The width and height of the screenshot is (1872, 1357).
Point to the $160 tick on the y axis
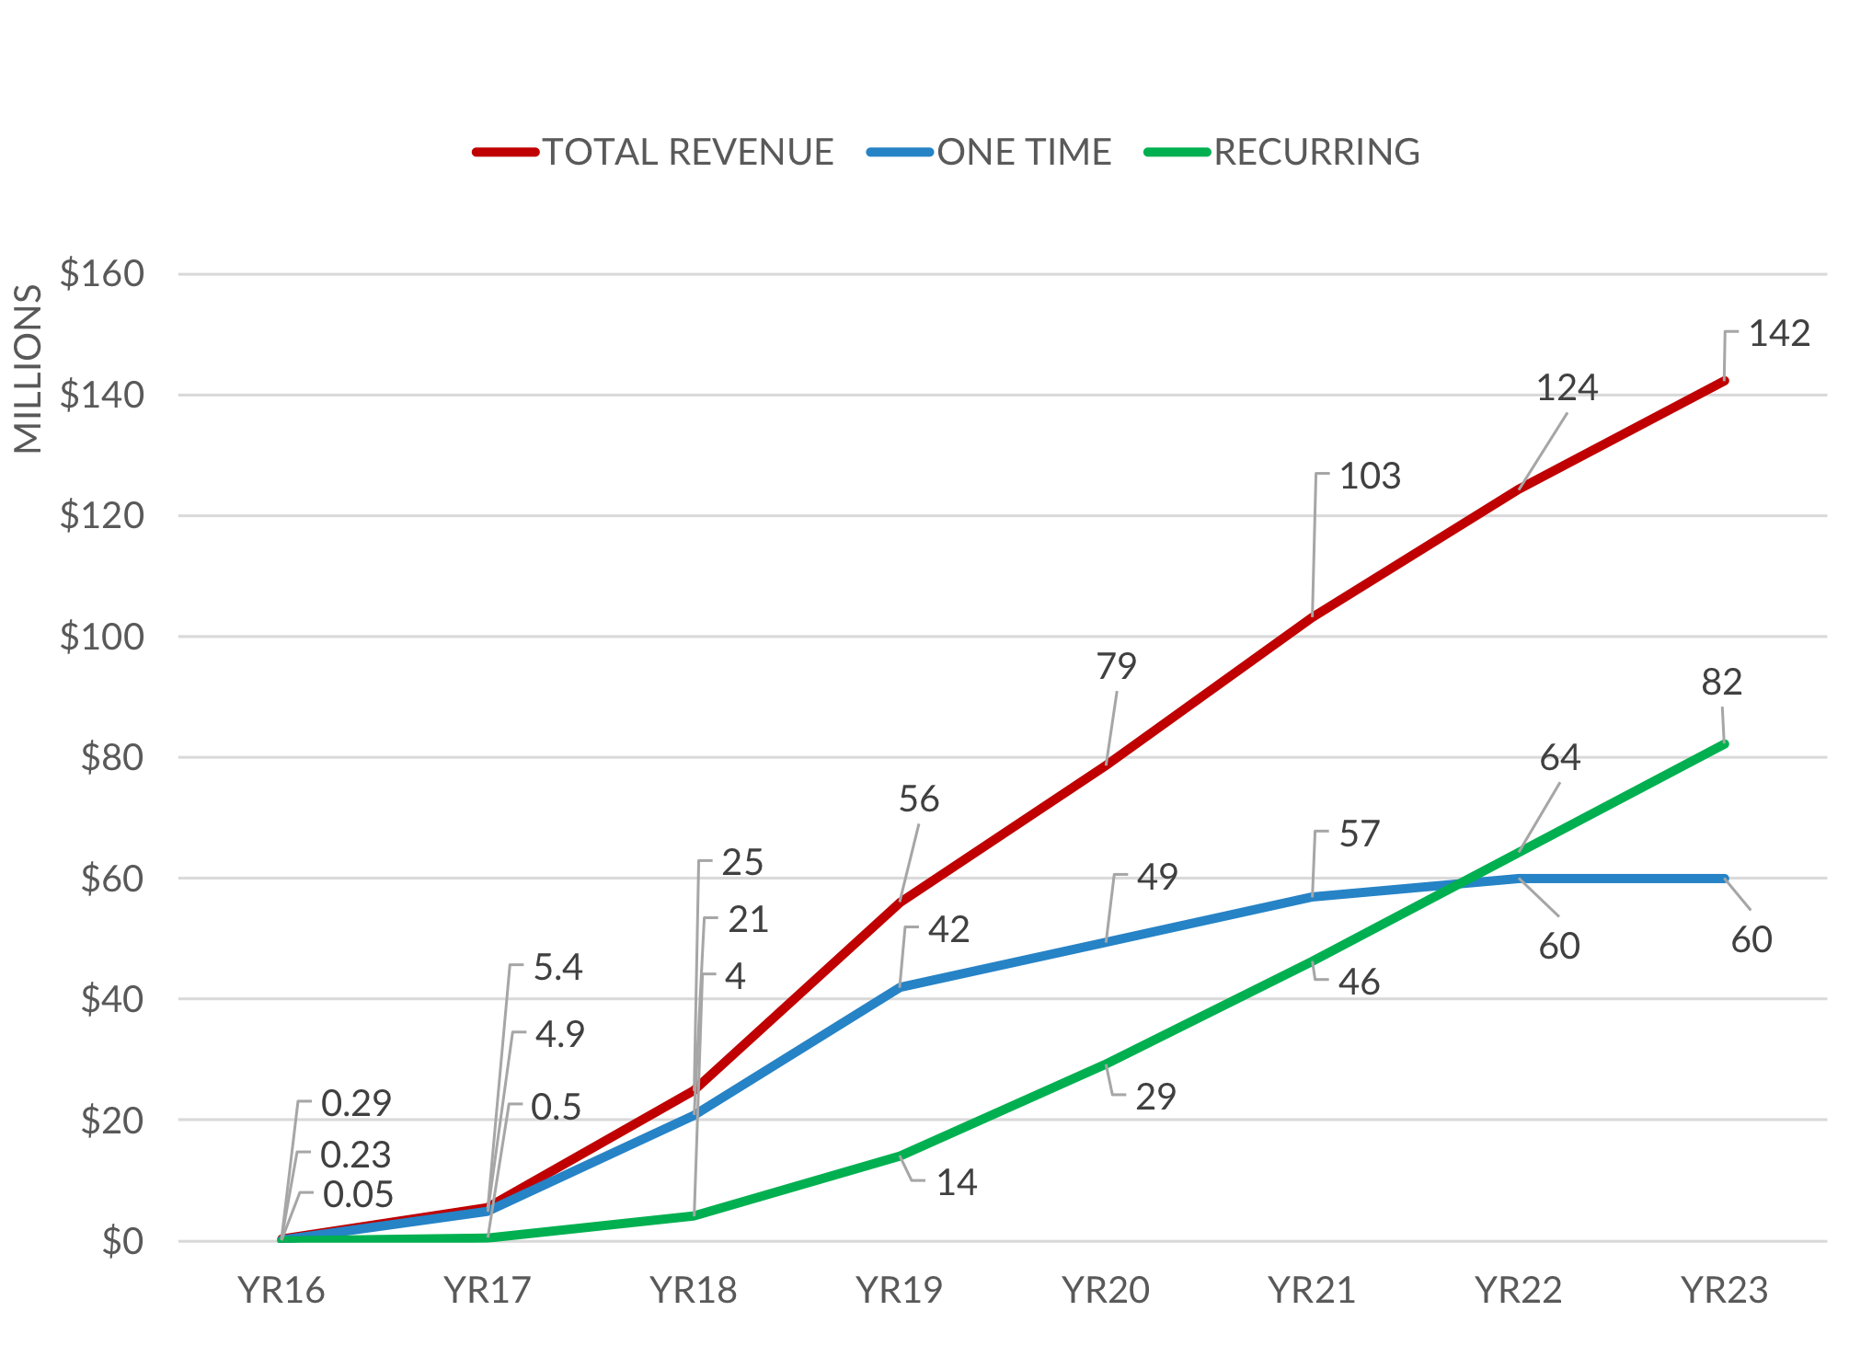pyautogui.click(x=102, y=273)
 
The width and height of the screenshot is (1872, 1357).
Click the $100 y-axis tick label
pyautogui.click(x=102, y=636)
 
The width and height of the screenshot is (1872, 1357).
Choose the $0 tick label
pyautogui.click(x=122, y=1241)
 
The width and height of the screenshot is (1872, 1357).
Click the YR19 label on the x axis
pyautogui.click(x=899, y=1290)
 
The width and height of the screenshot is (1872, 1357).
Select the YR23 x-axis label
pyautogui.click(x=1724, y=1290)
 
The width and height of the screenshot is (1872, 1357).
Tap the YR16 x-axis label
pyautogui.click(x=281, y=1290)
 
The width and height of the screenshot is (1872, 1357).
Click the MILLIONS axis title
pyautogui.click(x=28, y=368)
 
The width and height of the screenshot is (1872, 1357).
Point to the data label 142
pyautogui.click(x=1778, y=333)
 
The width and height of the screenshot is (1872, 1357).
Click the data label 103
pyautogui.click(x=1369, y=476)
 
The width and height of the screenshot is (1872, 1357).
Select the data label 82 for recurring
pyautogui.click(x=1721, y=682)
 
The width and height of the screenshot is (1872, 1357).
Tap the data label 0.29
pyautogui.click(x=356, y=1102)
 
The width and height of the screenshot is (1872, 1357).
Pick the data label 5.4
pyautogui.click(x=557, y=967)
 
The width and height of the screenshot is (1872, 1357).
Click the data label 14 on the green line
pyautogui.click(x=956, y=1182)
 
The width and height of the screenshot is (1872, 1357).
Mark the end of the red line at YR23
pyautogui.click(x=1724, y=380)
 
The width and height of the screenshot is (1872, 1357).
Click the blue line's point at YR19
pyautogui.click(x=900, y=986)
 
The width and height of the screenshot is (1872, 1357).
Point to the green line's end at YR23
pyautogui.click(x=1724, y=743)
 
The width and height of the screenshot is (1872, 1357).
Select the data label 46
pyautogui.click(x=1359, y=982)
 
